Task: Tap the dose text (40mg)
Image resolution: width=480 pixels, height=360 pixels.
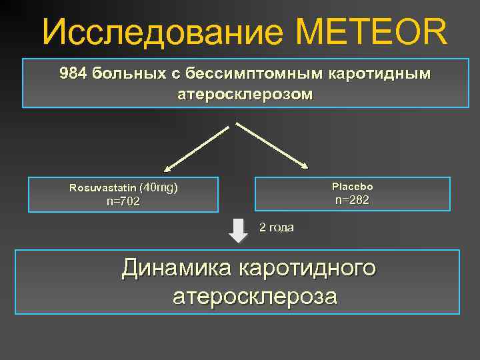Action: (x=161, y=187)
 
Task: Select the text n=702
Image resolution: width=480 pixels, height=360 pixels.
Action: (x=123, y=201)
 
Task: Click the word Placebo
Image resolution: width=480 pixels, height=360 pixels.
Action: (x=352, y=187)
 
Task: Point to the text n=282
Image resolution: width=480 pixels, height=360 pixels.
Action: (x=352, y=200)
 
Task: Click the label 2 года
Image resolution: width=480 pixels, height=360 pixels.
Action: (x=276, y=227)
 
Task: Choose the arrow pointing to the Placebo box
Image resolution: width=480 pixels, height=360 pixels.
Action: (x=274, y=145)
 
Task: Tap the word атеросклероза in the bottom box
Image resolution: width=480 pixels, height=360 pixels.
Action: (x=255, y=297)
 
